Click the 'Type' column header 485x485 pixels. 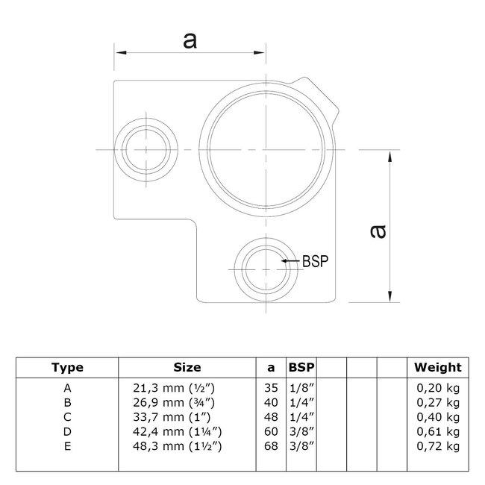67,367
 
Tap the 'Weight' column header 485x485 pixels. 438,367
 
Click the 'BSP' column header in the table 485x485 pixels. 301,367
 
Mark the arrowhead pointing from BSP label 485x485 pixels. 286,261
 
